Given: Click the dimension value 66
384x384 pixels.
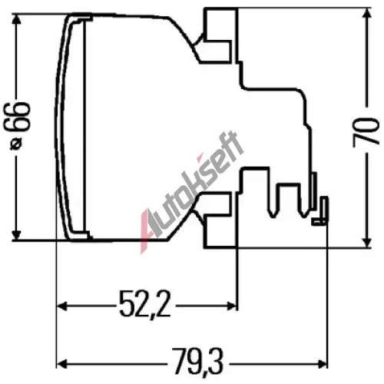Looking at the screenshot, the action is [17, 117].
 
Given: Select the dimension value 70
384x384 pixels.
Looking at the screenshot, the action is [366, 132].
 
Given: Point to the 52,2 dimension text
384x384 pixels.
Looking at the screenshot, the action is [145, 305].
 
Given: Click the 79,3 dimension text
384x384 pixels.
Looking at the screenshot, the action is [197, 362].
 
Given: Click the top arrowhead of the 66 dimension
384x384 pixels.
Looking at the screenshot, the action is [17, 18].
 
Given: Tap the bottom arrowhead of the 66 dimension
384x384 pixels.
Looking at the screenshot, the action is [17, 235].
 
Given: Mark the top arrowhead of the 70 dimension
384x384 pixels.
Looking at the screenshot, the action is [366, 13].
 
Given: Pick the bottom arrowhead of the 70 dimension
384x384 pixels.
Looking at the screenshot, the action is [366, 242].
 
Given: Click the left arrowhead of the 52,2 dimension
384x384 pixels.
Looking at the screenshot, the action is [61, 306].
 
